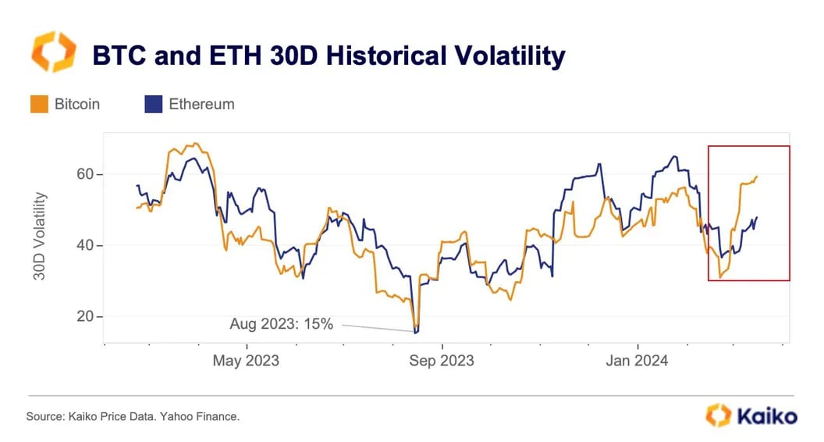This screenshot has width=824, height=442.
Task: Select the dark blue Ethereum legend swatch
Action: pos(153,104)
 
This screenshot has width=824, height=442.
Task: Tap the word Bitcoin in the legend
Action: pos(77,104)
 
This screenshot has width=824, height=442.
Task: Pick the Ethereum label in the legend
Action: pos(201,104)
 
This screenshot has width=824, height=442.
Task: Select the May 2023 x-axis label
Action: pos(247,361)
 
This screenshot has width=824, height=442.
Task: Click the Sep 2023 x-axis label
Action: pos(442,361)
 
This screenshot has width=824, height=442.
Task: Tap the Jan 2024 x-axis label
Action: pos(638,361)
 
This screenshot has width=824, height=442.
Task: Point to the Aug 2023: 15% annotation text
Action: pos(281,323)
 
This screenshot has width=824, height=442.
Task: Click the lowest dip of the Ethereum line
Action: pos(416,333)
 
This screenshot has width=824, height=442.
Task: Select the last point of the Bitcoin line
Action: pos(757,176)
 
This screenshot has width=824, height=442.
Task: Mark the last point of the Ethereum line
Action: pos(757,218)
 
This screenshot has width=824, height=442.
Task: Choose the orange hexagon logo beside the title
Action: pos(53,52)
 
